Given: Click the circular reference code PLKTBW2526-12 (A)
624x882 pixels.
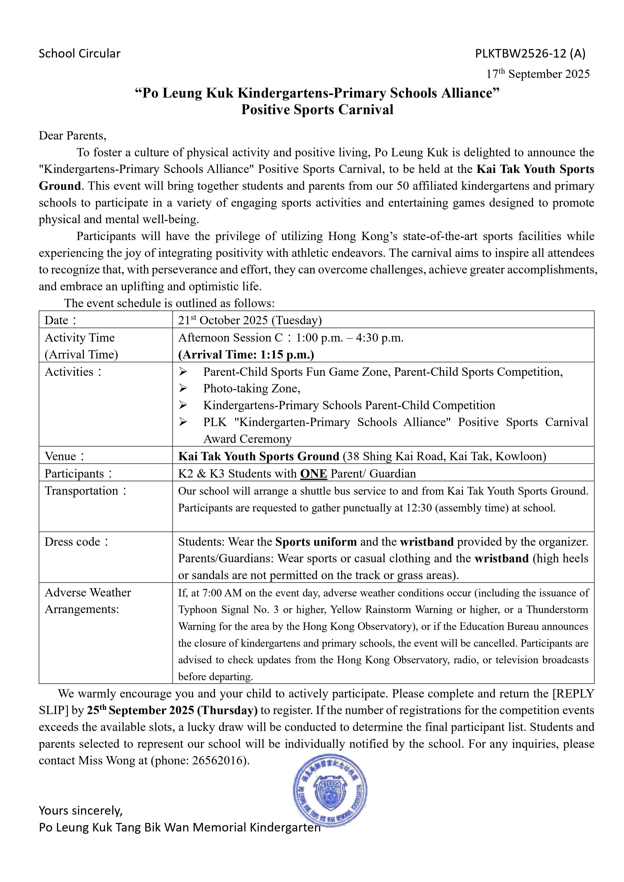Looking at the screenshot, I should click(x=530, y=53).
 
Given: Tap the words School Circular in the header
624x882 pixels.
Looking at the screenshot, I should click(x=80, y=53).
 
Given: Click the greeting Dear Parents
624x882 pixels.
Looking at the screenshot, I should click(x=72, y=135).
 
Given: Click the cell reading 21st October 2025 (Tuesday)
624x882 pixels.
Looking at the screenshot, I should click(x=250, y=320).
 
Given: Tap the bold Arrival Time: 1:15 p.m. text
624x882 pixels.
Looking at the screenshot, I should click(x=246, y=354).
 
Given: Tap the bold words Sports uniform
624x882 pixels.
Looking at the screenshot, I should click(x=316, y=542).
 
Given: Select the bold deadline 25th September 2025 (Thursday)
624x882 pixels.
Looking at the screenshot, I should click(x=172, y=711).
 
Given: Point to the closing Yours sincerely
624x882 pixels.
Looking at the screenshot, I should click(x=81, y=811).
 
